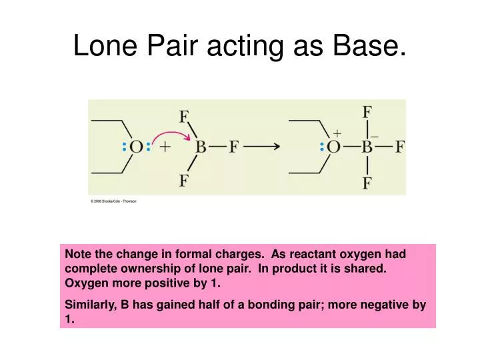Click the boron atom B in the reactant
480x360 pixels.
[x=200, y=147]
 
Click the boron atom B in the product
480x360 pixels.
[x=367, y=147]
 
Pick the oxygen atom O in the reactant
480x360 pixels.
[x=136, y=147]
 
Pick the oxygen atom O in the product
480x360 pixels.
[x=334, y=147]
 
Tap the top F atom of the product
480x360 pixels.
[x=367, y=111]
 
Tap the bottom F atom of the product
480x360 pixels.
[x=367, y=182]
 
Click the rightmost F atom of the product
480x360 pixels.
[x=399, y=147]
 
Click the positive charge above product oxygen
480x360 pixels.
[x=337, y=133]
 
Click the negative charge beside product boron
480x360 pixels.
[x=375, y=136]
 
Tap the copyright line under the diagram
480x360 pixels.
[x=113, y=201]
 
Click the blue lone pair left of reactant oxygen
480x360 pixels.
[x=124, y=147]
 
